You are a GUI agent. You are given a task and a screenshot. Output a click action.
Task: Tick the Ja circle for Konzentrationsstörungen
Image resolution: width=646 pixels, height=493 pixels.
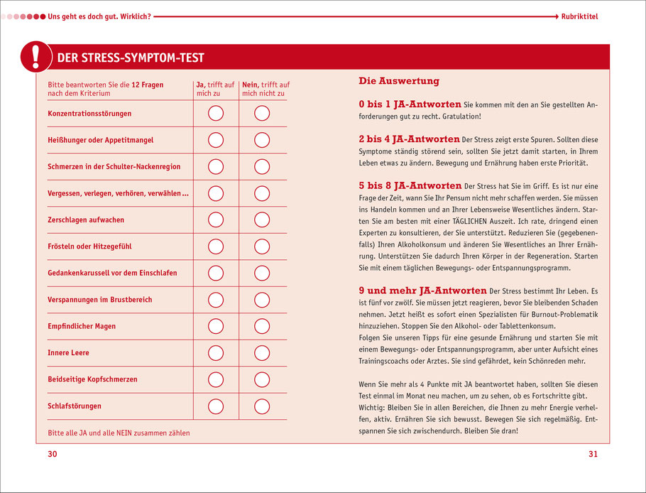pyautogui.click(x=216, y=114)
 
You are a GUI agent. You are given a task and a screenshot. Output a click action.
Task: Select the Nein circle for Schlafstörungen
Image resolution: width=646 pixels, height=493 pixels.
pyautogui.click(x=262, y=406)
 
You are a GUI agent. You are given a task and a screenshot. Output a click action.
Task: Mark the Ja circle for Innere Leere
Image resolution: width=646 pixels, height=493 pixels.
pyautogui.click(x=216, y=353)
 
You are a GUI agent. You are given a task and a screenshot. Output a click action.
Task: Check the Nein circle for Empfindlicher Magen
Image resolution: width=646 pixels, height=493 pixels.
pyautogui.click(x=262, y=326)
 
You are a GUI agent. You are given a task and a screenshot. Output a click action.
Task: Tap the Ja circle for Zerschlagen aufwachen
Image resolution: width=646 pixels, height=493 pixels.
pyautogui.click(x=216, y=220)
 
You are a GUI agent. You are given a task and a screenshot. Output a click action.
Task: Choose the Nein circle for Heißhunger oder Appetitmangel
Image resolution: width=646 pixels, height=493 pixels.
pyautogui.click(x=262, y=140)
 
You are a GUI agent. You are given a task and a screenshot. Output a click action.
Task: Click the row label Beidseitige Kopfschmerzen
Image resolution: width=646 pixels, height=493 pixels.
pyautogui.click(x=92, y=379)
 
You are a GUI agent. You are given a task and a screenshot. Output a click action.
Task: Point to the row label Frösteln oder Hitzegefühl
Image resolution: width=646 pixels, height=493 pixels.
pyautogui.click(x=89, y=246)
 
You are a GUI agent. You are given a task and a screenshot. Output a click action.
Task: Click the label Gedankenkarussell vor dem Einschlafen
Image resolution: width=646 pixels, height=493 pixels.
pyautogui.click(x=112, y=273)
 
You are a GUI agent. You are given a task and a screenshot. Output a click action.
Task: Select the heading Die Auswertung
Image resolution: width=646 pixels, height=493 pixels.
pyautogui.click(x=399, y=81)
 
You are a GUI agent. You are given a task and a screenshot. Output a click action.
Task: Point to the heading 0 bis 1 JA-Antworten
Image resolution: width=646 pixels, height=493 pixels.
pyautogui.click(x=410, y=104)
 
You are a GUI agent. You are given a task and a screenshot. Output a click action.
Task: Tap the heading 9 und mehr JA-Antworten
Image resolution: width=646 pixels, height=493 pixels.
pyautogui.click(x=423, y=291)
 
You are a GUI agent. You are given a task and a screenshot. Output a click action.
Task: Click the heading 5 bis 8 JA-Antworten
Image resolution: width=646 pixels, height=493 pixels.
pyautogui.click(x=410, y=185)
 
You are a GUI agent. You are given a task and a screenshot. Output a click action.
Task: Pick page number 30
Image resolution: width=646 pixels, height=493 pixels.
pyautogui.click(x=52, y=455)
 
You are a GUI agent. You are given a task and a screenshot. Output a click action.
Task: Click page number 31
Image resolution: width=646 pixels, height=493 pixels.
pyautogui.click(x=593, y=455)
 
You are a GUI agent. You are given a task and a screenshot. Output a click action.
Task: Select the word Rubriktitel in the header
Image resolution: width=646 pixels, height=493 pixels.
pyautogui.click(x=579, y=16)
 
